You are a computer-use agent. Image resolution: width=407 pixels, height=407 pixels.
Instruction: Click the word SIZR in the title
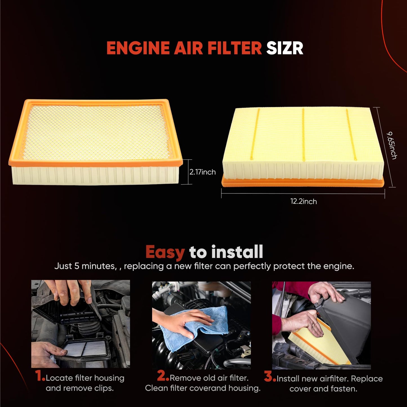tap(284, 48)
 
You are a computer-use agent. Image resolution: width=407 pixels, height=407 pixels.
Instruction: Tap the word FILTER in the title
tap(235, 48)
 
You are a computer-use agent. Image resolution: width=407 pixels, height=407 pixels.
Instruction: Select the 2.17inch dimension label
tap(202, 172)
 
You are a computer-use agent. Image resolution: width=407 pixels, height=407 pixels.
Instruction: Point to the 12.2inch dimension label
tap(303, 201)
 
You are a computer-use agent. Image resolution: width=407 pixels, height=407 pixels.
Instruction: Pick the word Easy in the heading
tap(165, 252)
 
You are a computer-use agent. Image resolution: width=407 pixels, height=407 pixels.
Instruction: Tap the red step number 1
tap(40, 376)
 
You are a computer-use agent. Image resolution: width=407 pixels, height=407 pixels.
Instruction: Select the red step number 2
tap(163, 376)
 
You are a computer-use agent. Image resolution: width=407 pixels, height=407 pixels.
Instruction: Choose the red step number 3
tap(270, 377)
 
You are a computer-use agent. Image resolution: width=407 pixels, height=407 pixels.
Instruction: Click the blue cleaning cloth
tap(194, 327)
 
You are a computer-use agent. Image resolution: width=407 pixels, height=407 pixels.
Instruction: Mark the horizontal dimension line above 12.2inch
tap(303, 193)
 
